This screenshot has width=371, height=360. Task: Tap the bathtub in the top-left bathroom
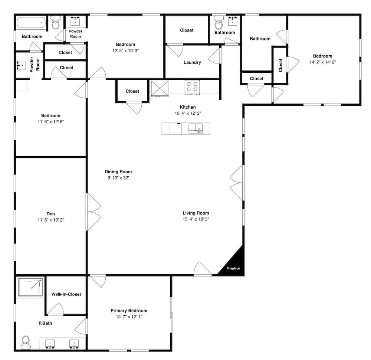coord(31,23)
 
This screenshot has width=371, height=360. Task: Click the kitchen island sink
coord(196,129)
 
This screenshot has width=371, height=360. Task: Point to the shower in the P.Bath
coord(31,287)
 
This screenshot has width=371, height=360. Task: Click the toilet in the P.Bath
coord(26,342)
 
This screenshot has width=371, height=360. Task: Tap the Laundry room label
coord(192,62)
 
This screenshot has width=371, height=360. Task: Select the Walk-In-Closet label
coord(66,294)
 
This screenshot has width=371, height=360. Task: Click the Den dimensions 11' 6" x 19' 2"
coord(50,220)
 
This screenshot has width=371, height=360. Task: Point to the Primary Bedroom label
coord(129,311)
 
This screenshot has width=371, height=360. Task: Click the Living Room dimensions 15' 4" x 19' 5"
coord(196,219)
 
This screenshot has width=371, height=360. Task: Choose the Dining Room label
coord(118,171)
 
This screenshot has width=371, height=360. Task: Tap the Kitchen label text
coord(188,107)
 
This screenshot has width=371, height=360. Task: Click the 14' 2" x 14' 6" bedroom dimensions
coord(323,62)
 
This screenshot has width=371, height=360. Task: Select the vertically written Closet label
coord(280,65)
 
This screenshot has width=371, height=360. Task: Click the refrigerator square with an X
coord(160,89)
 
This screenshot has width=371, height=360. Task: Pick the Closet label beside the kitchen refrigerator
coord(132,91)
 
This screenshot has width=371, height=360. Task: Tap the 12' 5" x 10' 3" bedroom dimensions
coord(126,50)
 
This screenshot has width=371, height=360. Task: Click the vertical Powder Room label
coord(35,64)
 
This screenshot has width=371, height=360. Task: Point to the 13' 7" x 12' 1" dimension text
coord(129,317)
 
